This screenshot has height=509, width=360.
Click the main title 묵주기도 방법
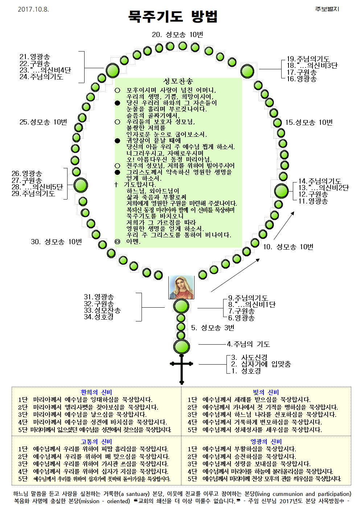173,17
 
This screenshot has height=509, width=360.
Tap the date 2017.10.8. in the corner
33,9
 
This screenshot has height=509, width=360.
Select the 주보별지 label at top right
327,9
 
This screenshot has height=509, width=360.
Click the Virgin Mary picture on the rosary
181,287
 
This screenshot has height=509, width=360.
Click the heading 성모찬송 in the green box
178,81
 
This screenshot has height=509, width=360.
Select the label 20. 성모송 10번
177,35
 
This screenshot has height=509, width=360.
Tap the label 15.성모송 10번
309,123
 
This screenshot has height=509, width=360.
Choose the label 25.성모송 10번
43,122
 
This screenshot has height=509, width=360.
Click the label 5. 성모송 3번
213,328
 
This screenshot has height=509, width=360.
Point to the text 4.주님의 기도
248,344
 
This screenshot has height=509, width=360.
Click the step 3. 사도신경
249,358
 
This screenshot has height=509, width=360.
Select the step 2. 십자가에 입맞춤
261,364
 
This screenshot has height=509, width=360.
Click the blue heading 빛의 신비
266,392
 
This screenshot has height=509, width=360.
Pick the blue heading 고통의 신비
96,442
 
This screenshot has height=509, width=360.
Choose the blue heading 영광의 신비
266,442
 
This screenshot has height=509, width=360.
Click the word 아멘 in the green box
133,242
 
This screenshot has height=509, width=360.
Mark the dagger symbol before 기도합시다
116,185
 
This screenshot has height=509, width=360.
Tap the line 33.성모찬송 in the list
102,311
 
